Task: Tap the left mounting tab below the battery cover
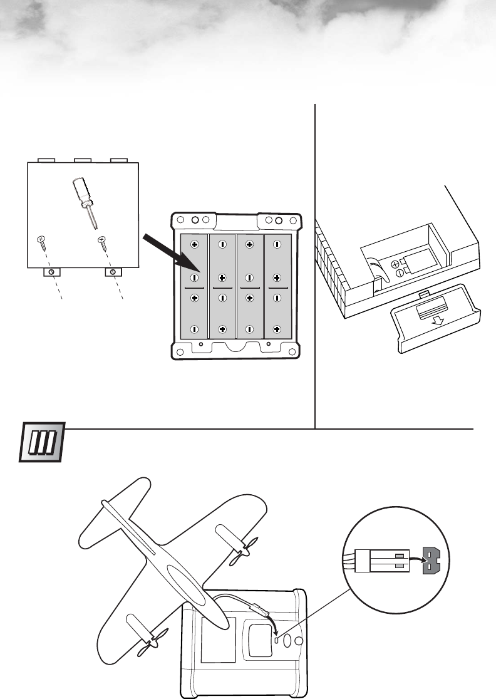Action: point(51,272)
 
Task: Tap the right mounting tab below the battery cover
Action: point(112,272)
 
